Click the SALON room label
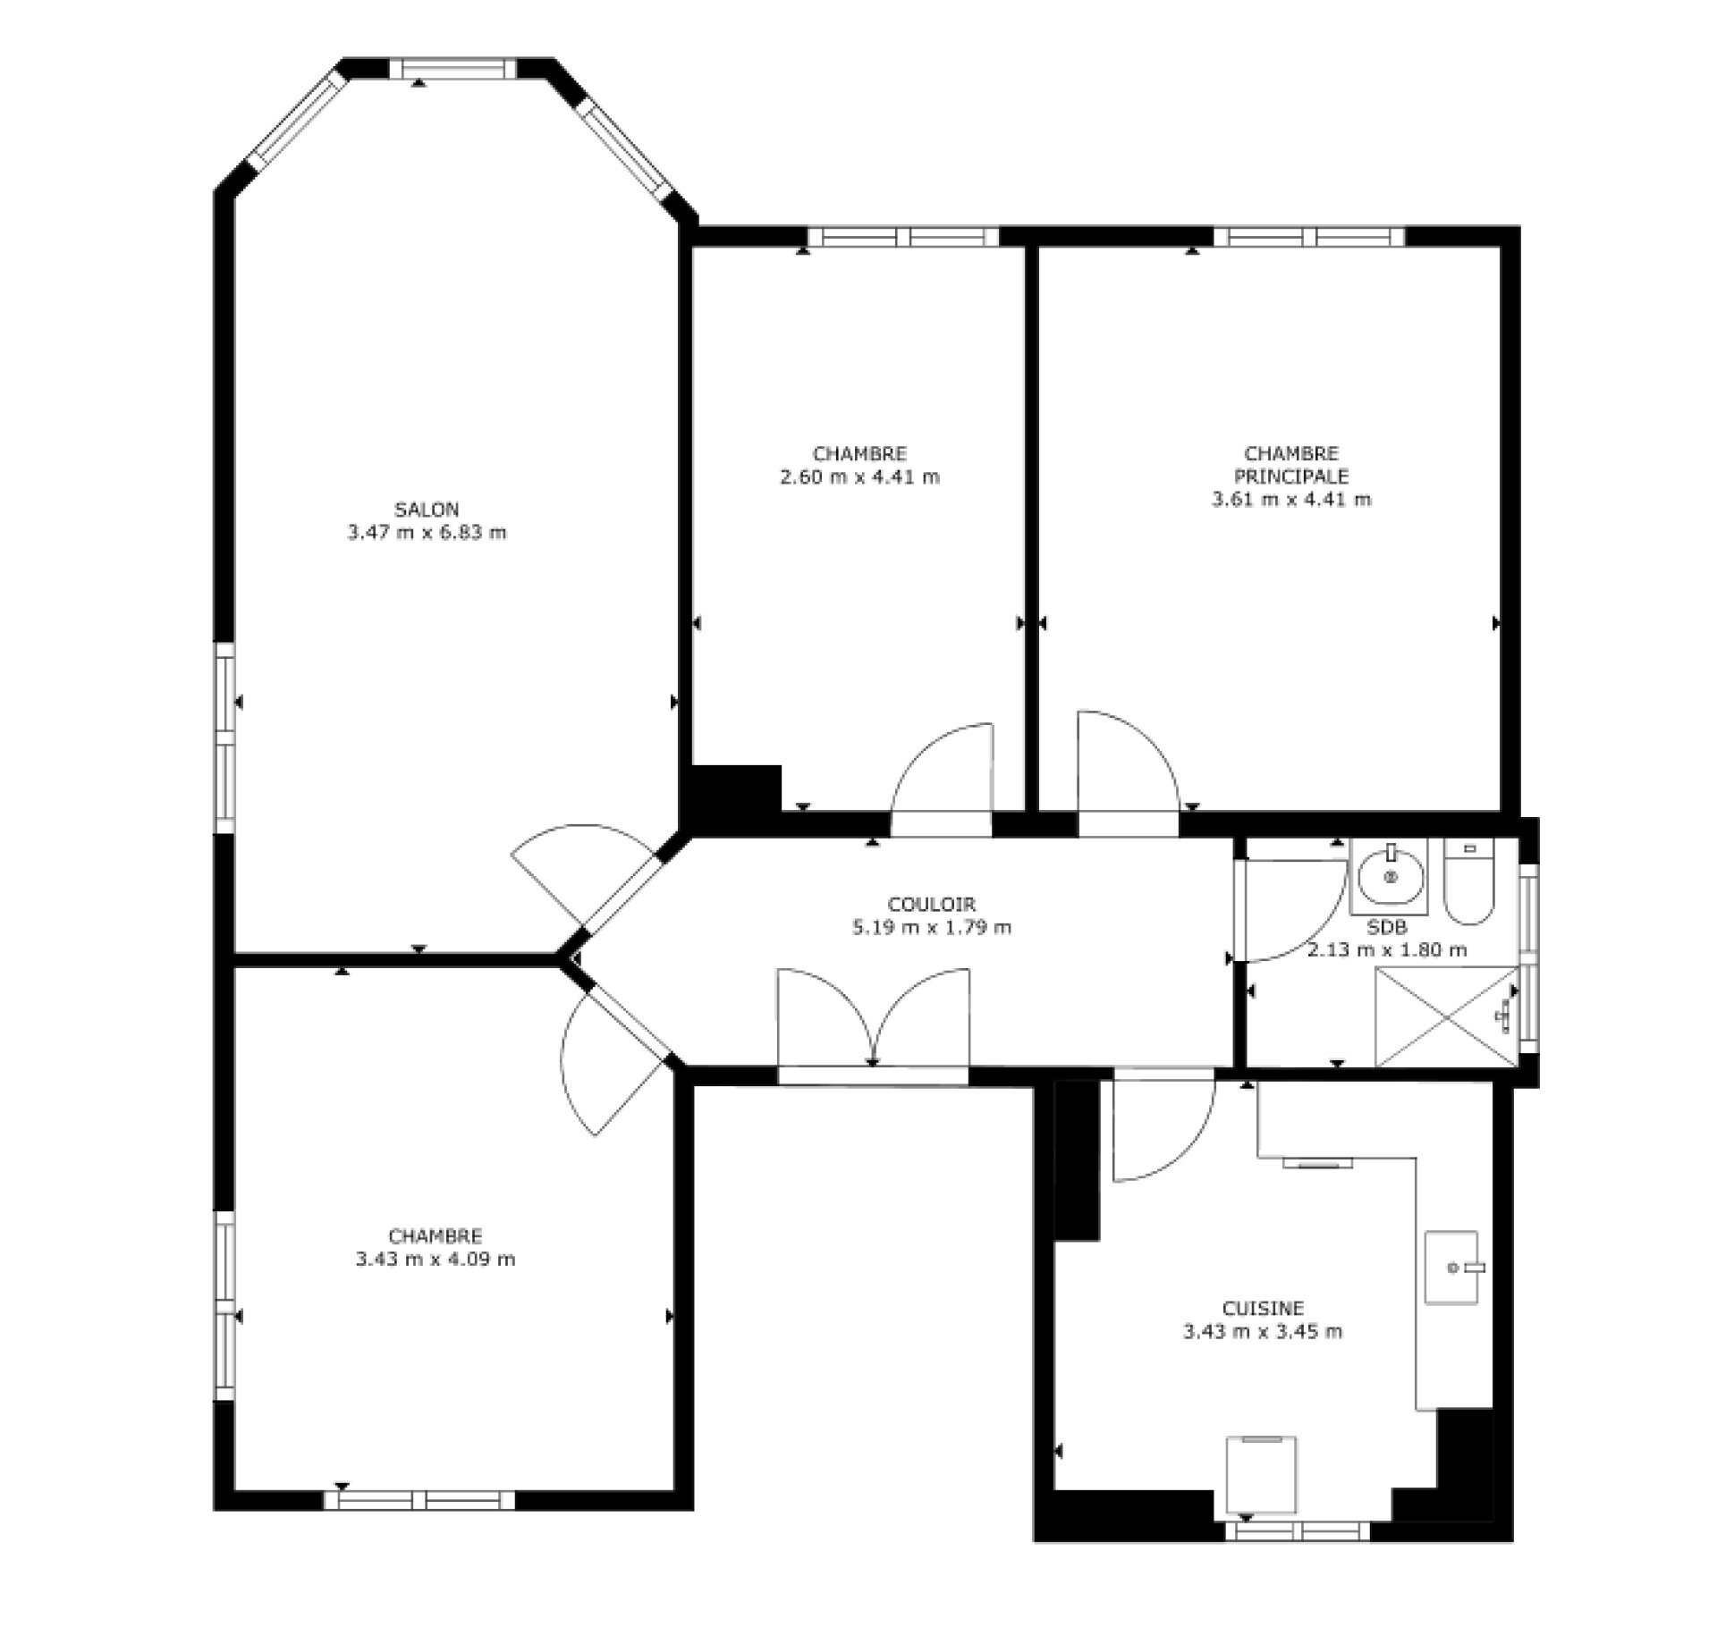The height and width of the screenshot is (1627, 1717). (427, 510)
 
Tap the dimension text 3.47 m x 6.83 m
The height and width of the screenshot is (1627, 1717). (427, 533)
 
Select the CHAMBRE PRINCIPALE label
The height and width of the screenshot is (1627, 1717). (1291, 465)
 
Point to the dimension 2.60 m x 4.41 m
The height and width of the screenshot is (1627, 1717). (859, 476)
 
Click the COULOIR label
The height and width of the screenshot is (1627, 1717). (931, 904)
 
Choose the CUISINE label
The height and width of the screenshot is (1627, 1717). (1263, 1308)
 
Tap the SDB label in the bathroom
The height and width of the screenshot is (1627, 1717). (1387, 927)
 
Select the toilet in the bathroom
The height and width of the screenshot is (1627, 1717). (1468, 881)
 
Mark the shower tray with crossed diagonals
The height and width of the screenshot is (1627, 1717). (1447, 1016)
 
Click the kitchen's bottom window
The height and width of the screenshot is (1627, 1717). (1297, 1531)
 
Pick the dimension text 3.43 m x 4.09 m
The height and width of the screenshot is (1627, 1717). (436, 1260)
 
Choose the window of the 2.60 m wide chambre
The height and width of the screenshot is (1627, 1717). (903, 237)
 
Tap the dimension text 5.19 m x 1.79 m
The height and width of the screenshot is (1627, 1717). (932, 927)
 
